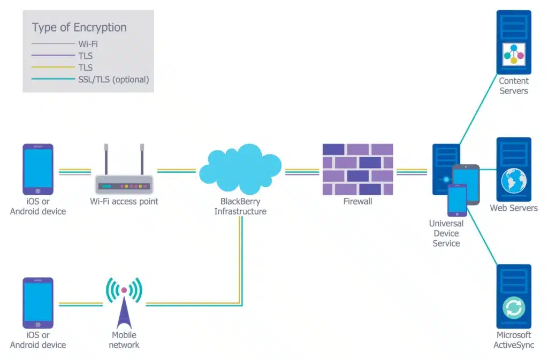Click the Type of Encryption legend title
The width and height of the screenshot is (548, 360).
[79, 27]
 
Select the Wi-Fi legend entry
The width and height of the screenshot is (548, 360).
[88, 44]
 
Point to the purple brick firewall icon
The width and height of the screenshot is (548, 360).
[357, 169]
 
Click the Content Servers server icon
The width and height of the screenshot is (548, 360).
[514, 42]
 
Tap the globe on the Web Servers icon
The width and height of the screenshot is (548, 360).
[514, 181]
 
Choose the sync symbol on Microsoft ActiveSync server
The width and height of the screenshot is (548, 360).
[514, 308]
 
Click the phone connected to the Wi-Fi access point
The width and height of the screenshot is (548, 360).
[37, 169]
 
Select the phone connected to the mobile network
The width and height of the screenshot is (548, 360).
[37, 302]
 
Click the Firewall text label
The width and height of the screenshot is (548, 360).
[357, 202]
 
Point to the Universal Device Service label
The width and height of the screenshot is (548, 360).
[446, 233]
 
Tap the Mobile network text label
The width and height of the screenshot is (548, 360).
[124, 340]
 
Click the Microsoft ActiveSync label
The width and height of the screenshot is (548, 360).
[514, 340]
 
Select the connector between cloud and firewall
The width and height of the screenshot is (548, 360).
[302, 172]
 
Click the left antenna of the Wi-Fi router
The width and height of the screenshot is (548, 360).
[106, 156]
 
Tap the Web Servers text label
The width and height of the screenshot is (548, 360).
[514, 208]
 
